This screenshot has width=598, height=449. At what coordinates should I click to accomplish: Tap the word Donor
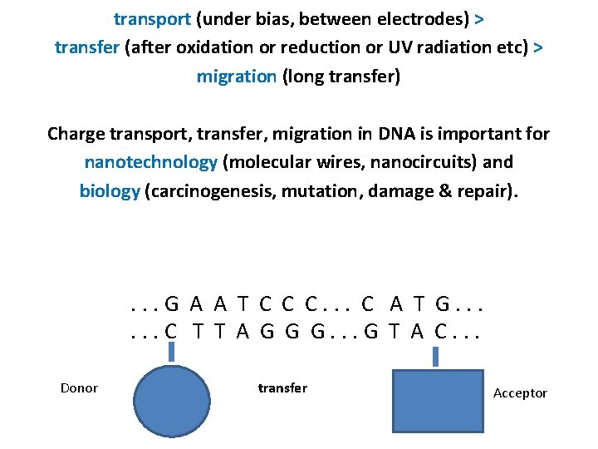[79, 387]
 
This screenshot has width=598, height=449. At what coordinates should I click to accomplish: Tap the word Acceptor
[520, 392]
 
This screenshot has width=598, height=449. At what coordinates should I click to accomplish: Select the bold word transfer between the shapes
[282, 387]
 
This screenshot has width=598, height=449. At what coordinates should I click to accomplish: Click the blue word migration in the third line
[236, 76]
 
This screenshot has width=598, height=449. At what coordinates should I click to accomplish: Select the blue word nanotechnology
[151, 161]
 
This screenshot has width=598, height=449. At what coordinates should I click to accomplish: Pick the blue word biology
[110, 190]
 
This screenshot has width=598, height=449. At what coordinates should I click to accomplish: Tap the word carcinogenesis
[212, 190]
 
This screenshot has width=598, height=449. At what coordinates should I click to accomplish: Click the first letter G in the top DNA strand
[171, 305]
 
